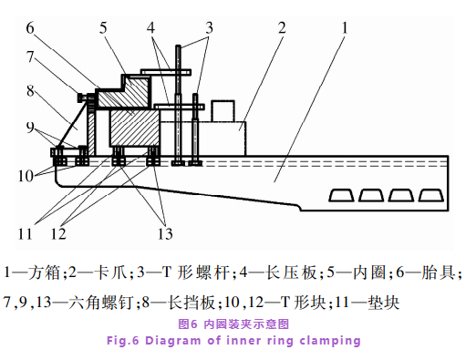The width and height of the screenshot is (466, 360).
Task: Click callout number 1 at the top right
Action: pyautogui.click(x=345, y=28)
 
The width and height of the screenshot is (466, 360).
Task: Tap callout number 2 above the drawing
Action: pyautogui.click(x=282, y=28)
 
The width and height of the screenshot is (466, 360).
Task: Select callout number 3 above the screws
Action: pyautogui.click(x=209, y=28)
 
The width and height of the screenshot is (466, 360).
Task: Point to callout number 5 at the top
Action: pyautogui.click(x=103, y=28)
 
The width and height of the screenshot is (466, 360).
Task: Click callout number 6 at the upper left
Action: pyautogui.click(x=30, y=28)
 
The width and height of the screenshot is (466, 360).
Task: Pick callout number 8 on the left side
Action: pyautogui.click(x=30, y=91)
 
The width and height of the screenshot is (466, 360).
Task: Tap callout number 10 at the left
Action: pyautogui.click(x=26, y=176)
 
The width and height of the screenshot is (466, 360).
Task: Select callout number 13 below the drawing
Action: pyautogui.click(x=165, y=233)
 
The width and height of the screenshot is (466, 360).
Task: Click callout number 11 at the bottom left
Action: pyautogui.click(x=26, y=233)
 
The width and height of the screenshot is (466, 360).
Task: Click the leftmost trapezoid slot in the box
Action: pyautogui.click(x=341, y=195)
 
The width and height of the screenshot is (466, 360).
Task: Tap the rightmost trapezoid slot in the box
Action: pyautogui.click(x=431, y=195)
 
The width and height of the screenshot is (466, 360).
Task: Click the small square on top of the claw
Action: pyautogui.click(x=223, y=111)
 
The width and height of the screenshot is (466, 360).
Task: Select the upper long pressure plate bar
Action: pyautogui.click(x=166, y=72)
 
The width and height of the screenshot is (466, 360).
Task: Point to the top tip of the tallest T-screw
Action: pyautogui.click(x=179, y=46)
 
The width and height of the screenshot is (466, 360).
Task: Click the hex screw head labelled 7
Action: pyautogui.click(x=82, y=98)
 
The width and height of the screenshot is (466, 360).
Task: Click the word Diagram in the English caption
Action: pyautogui.click(x=173, y=341)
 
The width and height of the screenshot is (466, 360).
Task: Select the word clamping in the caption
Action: pyautogui.click(x=330, y=341)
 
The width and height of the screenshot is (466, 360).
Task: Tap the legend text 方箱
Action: pyautogui.click(x=44, y=273)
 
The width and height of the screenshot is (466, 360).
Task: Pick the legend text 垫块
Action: pyautogui.click(x=383, y=303)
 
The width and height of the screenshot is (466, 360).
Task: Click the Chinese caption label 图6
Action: pyautogui.click(x=188, y=324)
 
